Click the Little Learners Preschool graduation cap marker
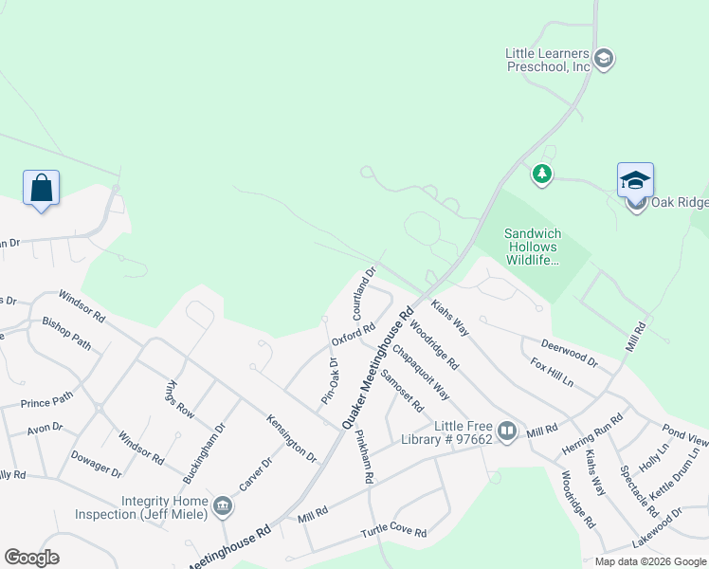[603, 60]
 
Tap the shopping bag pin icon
[42, 187]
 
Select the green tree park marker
[541, 174]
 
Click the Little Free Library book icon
[507, 432]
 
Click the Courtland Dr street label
[365, 293]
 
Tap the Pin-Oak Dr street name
[329, 380]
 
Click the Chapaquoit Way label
[421, 372]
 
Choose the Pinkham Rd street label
[363, 458]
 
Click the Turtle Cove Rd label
[393, 533]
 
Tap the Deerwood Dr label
[569, 354]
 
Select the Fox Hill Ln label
[552, 371]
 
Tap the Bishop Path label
[66, 334]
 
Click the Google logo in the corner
[31, 558]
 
